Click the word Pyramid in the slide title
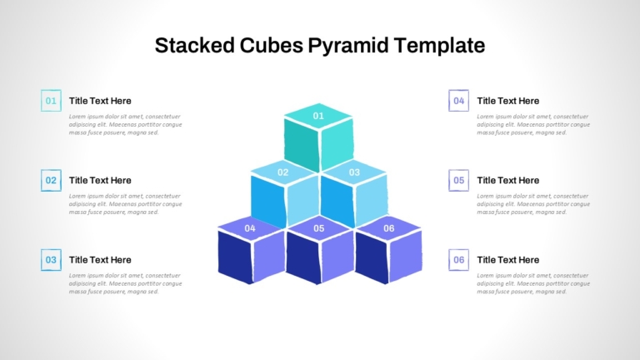point(351,45)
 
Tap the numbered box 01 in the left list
point(52,101)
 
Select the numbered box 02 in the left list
point(52,180)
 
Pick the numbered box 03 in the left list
point(52,260)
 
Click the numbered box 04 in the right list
point(459,101)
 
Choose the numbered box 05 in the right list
point(459,180)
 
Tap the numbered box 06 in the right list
point(459,260)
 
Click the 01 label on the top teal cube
point(318,116)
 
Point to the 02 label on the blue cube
point(283,172)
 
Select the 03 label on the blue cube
point(354,172)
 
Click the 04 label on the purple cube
point(250,228)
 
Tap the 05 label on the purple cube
point(319,228)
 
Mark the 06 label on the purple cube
point(388,228)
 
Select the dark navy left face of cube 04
point(234,257)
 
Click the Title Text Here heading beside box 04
point(507,101)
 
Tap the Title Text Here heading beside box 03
point(100,260)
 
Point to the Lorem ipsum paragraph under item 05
point(532,204)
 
